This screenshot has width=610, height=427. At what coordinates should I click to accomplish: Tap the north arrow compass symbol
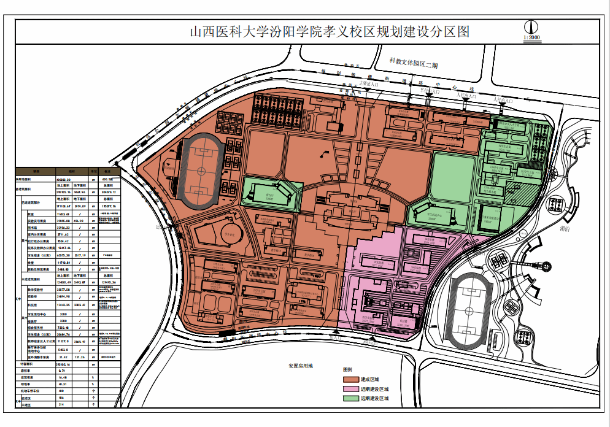(531, 27)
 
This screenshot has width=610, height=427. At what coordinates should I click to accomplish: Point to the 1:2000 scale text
(531, 38)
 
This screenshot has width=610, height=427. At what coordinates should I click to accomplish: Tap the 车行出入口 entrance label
(429, 91)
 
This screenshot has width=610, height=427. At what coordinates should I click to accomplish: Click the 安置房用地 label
(301, 366)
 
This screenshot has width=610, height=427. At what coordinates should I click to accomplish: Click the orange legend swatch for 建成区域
(351, 379)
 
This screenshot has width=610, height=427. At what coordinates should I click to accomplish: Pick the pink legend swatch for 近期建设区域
(351, 389)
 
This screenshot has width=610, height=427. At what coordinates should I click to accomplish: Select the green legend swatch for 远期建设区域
(351, 399)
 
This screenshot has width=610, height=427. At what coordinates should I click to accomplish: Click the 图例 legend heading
(348, 370)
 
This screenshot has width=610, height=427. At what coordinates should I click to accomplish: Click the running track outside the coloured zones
(469, 310)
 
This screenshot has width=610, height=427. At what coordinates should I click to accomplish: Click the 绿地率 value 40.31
(61, 384)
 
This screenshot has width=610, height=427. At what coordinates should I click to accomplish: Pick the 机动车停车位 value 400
(61, 391)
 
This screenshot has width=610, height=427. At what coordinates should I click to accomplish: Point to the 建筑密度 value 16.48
(61, 377)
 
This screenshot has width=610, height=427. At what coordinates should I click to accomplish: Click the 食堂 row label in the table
(31, 262)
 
